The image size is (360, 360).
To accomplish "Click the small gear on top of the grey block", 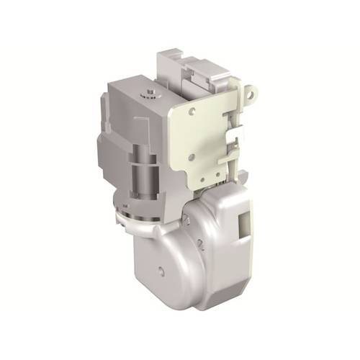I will pos(150,93).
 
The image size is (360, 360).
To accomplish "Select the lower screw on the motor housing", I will pos(201,245).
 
